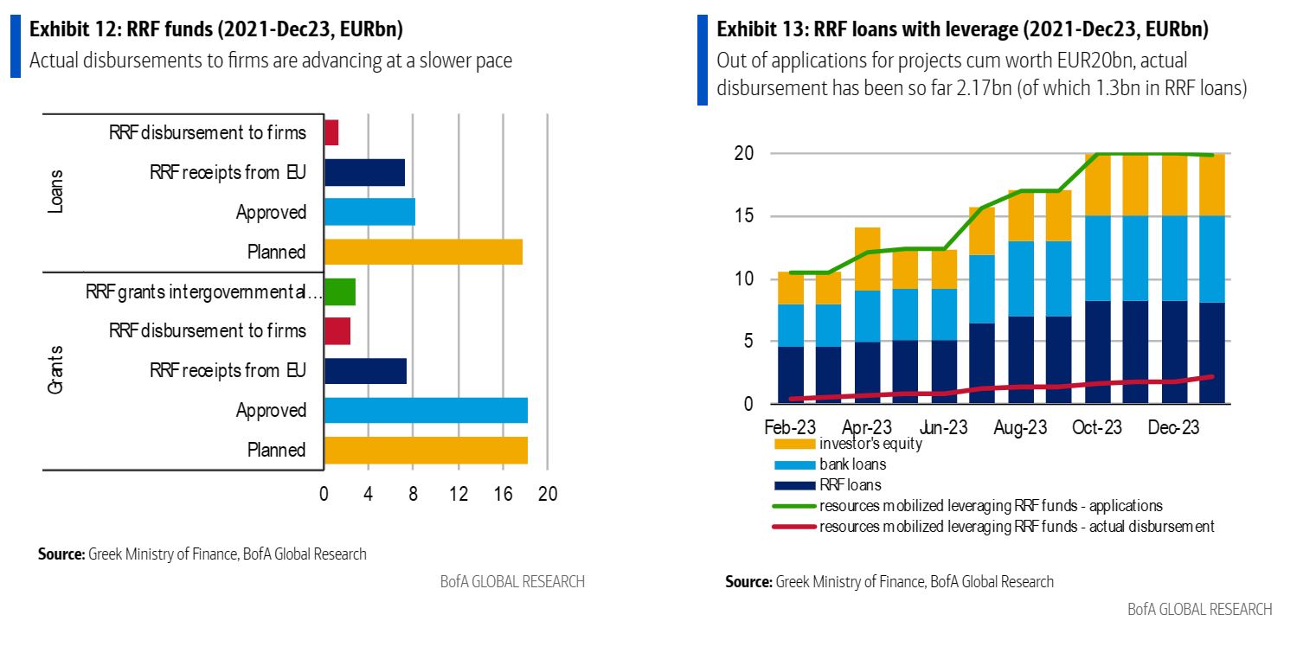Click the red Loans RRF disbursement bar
[x=331, y=132]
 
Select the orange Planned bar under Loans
[x=423, y=252]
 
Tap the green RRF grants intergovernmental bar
[x=339, y=291]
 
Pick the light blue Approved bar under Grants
[x=426, y=410]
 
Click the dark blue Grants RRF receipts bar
[x=365, y=370]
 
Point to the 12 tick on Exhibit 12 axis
[x=459, y=494]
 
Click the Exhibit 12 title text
[x=216, y=30]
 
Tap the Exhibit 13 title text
[x=962, y=30]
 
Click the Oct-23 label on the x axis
[x=1096, y=427]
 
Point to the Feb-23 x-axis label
[x=791, y=427]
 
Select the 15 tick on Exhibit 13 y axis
[x=743, y=216]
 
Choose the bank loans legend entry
[x=852, y=464]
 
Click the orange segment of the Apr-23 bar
[x=868, y=259]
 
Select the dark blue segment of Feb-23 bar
[x=791, y=375]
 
